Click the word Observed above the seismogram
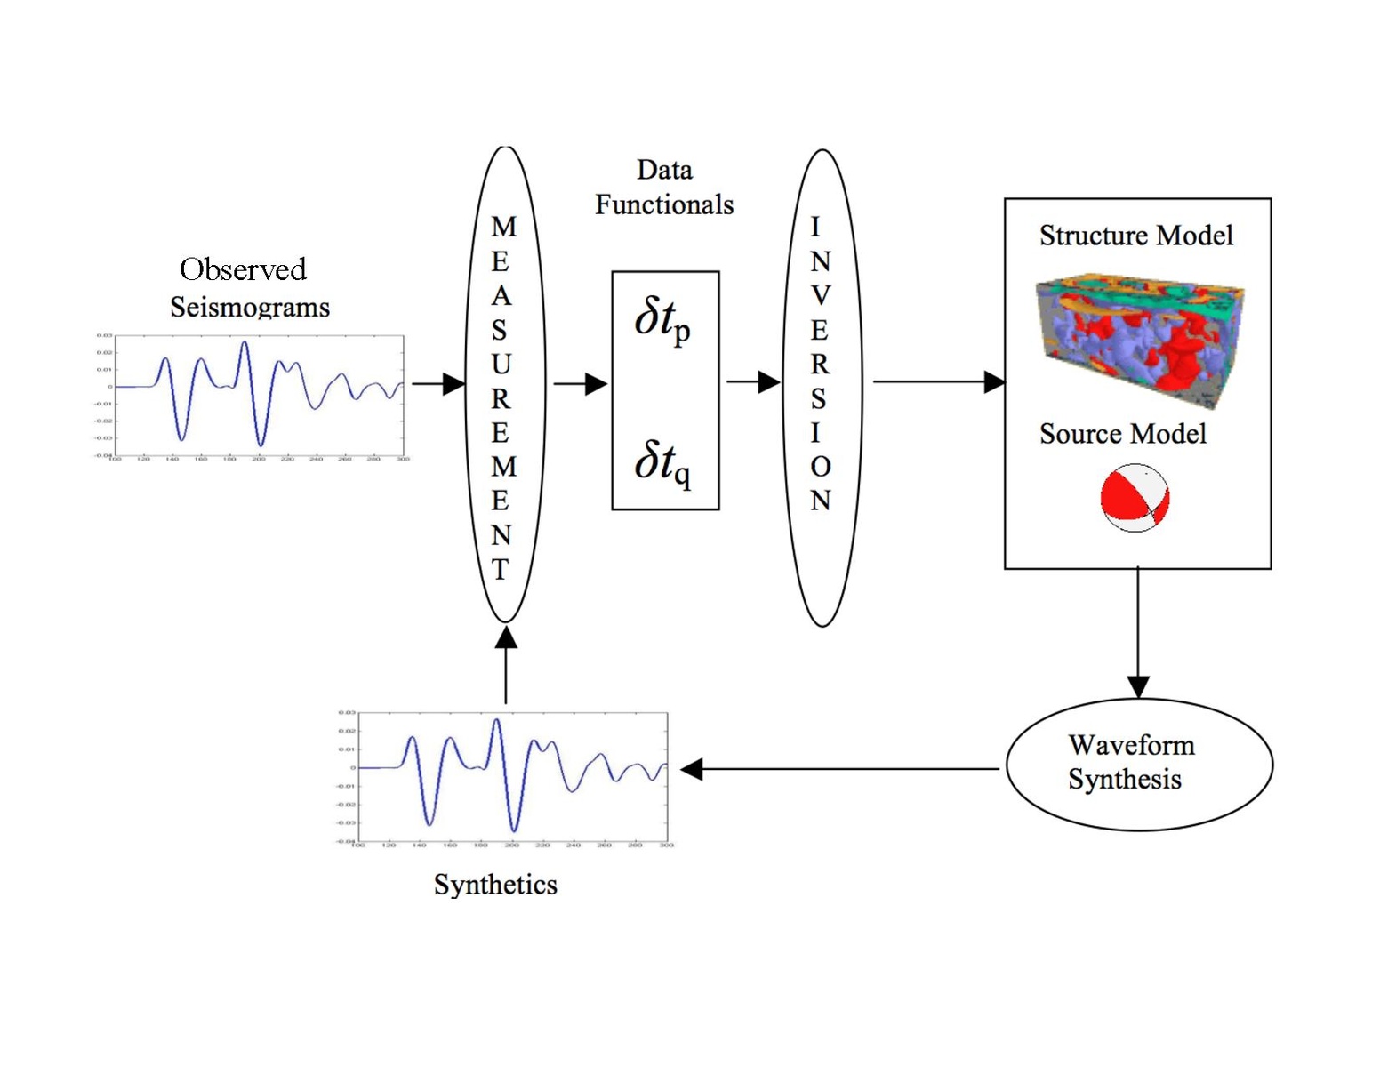pos(243,269)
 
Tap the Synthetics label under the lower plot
pos(495,885)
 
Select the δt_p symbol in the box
pos(662,320)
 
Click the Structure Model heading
pos(1135,236)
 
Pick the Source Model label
pos(1122,434)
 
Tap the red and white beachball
pos(1135,498)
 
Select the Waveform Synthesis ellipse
pos(1139,764)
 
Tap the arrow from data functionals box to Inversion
pos(752,382)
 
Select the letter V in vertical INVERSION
pos(821,295)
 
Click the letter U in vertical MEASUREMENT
pos(501,365)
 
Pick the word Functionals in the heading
pos(664,205)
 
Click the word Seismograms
pos(250,308)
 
